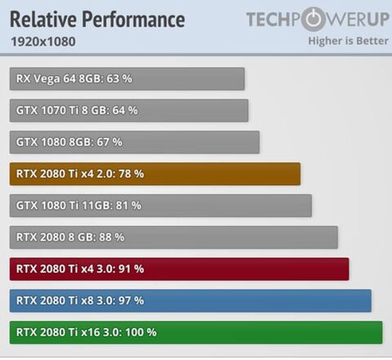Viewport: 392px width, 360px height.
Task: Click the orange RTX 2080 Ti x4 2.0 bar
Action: (155, 174)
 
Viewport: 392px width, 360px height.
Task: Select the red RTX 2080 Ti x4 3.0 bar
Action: (179, 269)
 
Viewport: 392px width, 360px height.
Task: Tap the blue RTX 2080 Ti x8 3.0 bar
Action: (190, 300)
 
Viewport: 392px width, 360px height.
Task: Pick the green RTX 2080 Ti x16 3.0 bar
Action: (196, 332)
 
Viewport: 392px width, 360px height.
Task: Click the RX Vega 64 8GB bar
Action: (127, 79)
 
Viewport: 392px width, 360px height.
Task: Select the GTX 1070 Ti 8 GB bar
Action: (129, 110)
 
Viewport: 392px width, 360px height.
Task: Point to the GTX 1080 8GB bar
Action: (135, 142)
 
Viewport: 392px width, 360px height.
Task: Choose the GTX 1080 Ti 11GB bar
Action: (161, 206)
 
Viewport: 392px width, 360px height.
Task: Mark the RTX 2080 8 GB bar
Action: (174, 238)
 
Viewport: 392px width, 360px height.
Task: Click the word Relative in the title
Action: (43, 20)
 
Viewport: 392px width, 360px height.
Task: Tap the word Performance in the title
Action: (133, 20)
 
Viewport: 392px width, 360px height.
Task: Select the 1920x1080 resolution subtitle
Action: (43, 42)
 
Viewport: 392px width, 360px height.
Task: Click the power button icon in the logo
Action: (313, 20)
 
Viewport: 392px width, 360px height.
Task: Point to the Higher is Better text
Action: (348, 41)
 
